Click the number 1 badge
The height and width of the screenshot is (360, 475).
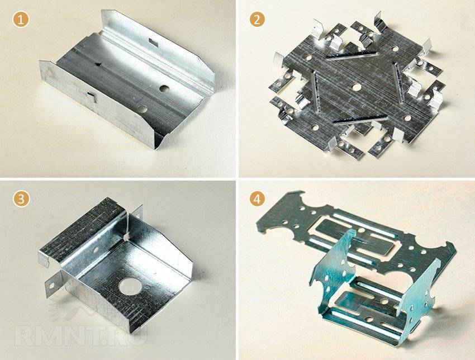pyautogui.click(x=21, y=20)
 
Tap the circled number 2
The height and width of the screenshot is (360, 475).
pyautogui.click(x=257, y=20)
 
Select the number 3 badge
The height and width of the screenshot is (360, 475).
pyautogui.click(x=21, y=199)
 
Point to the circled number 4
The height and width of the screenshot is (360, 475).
pyautogui.click(x=257, y=199)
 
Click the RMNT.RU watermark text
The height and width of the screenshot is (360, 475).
pyautogui.click(x=80, y=335)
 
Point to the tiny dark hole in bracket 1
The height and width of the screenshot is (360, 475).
pyautogui.click(x=98, y=64)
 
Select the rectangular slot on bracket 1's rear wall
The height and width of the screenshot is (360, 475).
pyautogui.click(x=153, y=42)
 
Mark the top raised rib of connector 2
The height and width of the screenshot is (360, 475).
pyautogui.click(x=351, y=56)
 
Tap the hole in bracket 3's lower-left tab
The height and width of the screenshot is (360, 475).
pyautogui.click(x=52, y=286)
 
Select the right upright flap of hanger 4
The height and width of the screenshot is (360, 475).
pyautogui.click(x=418, y=291)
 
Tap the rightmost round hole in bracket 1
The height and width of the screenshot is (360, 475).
pyautogui.click(x=164, y=88)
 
